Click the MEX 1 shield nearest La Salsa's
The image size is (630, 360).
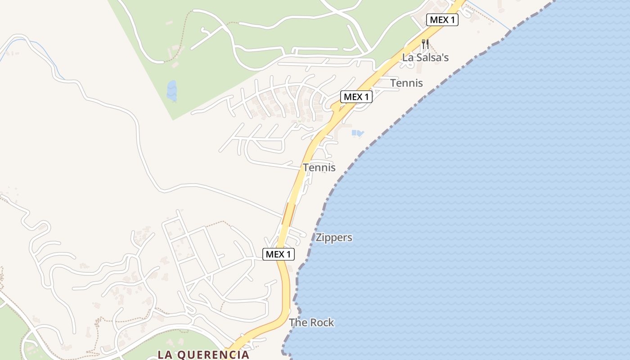click(x=442, y=20)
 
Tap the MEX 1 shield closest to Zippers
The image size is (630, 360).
click(x=279, y=254)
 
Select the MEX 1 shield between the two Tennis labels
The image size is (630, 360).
click(x=356, y=96)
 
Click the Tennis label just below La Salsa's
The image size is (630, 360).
click(x=406, y=83)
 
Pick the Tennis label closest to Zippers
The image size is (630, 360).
click(x=319, y=167)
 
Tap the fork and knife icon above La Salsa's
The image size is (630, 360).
click(x=425, y=44)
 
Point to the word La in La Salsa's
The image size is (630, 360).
click(x=407, y=58)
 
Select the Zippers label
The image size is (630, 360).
click(x=334, y=238)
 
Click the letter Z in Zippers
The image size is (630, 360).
click(x=319, y=238)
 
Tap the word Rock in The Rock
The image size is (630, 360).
click(x=322, y=323)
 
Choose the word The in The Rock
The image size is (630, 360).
click(x=298, y=323)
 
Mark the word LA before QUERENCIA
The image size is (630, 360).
click(x=164, y=355)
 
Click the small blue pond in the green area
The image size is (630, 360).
click(x=171, y=90)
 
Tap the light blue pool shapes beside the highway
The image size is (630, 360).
click(x=357, y=133)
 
